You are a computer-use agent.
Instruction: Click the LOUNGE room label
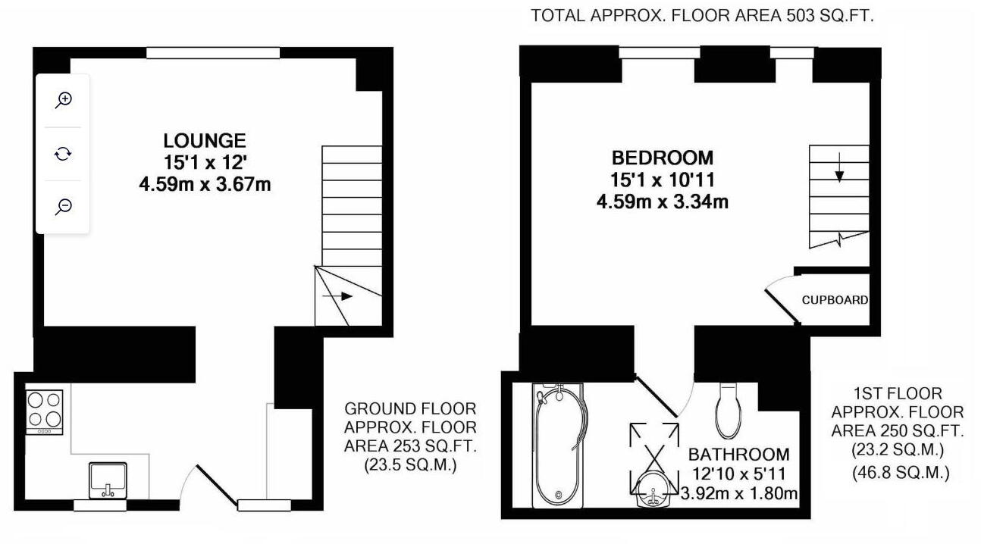coord(205,141)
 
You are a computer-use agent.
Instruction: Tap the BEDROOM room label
coord(663,158)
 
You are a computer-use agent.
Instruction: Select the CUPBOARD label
coord(835,300)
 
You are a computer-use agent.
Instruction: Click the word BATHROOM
coord(738,455)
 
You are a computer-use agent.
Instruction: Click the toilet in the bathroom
coord(729,408)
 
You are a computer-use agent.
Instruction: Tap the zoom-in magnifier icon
coord(64,100)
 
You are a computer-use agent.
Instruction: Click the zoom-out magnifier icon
coord(64,207)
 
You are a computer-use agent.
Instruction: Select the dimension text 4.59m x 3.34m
coord(663,202)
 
